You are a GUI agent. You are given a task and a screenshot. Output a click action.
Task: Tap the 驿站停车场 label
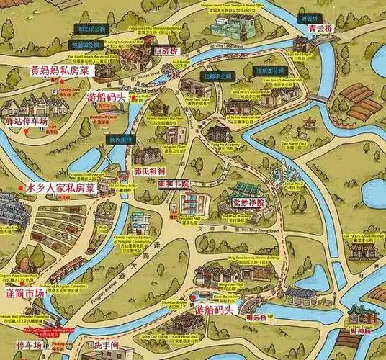click(x=26, y=122)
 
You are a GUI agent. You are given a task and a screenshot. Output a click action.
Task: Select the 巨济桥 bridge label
click(x=164, y=51)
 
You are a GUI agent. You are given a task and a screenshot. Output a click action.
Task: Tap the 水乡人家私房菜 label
click(x=61, y=187)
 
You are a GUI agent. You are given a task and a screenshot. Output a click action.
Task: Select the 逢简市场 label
click(x=25, y=294)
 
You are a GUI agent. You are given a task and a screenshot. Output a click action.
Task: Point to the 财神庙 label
click(x=358, y=330)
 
